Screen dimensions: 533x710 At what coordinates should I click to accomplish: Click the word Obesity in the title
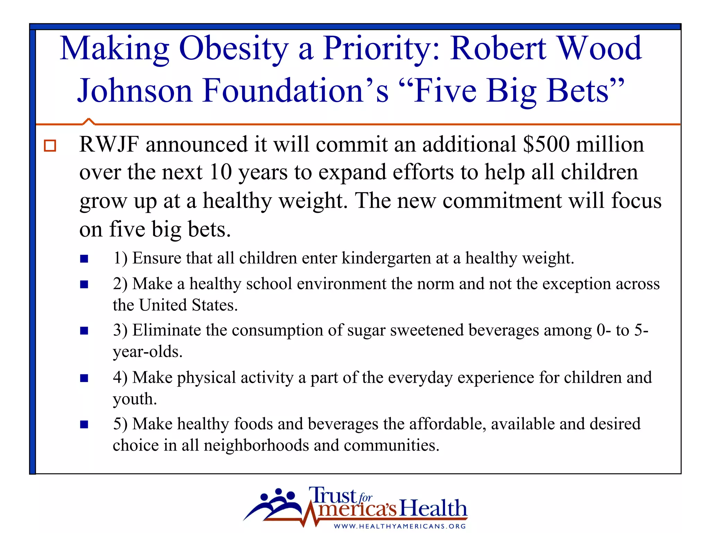point(234,49)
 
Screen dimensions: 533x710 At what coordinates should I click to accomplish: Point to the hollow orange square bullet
point(50,145)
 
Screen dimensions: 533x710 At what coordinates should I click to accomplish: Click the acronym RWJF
point(109,144)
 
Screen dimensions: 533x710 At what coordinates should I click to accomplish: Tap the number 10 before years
point(220,172)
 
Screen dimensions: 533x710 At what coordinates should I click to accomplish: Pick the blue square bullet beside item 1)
point(84,259)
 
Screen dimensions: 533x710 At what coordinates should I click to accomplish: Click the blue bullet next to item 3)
point(84,330)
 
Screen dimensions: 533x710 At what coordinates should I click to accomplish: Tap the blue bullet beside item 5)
point(84,424)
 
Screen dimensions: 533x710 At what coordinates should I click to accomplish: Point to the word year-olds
point(147,352)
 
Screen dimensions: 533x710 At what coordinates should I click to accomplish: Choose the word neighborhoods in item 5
point(256,445)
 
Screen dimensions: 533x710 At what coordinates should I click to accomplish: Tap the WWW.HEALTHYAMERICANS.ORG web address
point(400,526)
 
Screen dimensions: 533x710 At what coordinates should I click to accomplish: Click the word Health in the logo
point(433,508)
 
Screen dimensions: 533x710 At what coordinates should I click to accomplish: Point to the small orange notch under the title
point(89,121)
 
